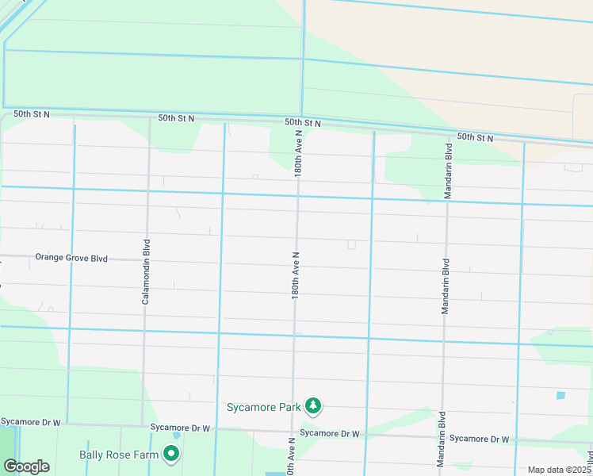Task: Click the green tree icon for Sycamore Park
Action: [x=314, y=407]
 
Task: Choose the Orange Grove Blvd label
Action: [x=71, y=258]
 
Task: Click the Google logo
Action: [x=26, y=466]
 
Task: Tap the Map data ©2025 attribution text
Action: [x=559, y=470]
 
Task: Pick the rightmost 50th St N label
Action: [x=474, y=138]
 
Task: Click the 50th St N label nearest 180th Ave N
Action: [x=303, y=123]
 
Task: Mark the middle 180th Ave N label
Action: [x=296, y=275]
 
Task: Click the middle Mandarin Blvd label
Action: [x=446, y=286]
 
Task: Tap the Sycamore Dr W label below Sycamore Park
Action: [x=330, y=433]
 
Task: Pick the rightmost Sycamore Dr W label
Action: [x=479, y=439]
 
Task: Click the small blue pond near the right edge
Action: [x=561, y=395]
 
